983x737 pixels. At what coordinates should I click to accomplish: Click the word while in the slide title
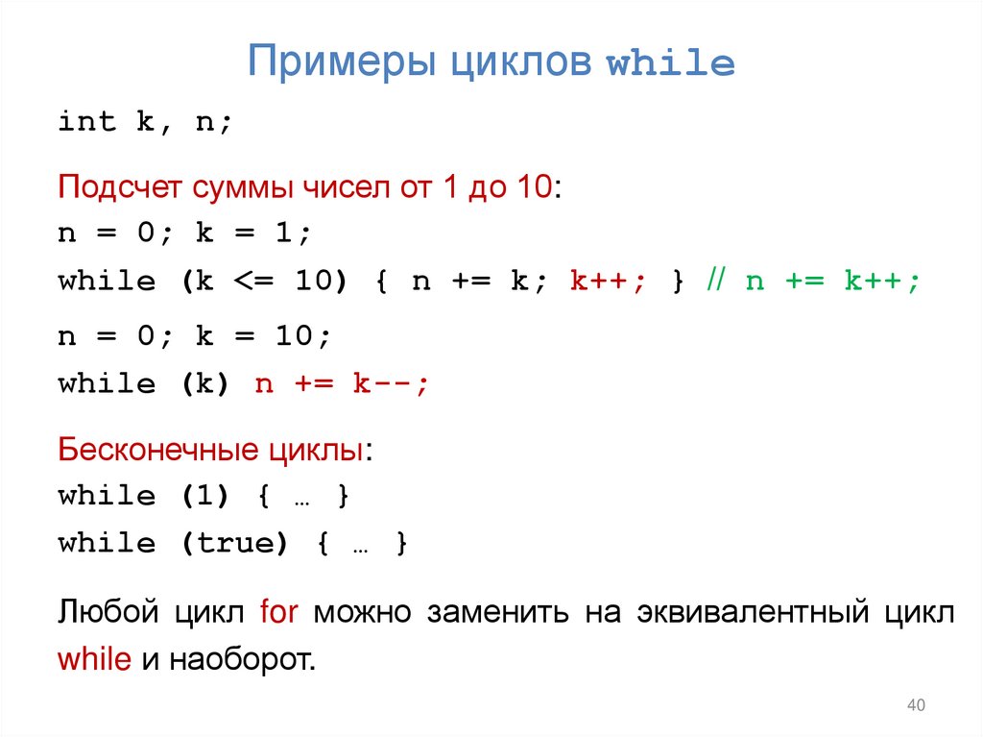pos(671,63)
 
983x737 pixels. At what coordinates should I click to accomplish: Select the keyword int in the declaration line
pos(86,122)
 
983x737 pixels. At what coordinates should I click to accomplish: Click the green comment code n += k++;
pos(832,282)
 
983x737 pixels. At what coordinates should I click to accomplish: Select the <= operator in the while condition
pos(253,282)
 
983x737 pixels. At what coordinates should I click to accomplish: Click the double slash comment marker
pos(717,282)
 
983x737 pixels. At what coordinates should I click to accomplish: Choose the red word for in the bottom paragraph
pos(280,612)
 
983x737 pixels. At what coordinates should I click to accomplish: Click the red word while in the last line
pos(93,660)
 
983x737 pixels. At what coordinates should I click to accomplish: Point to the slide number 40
pos(915,707)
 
